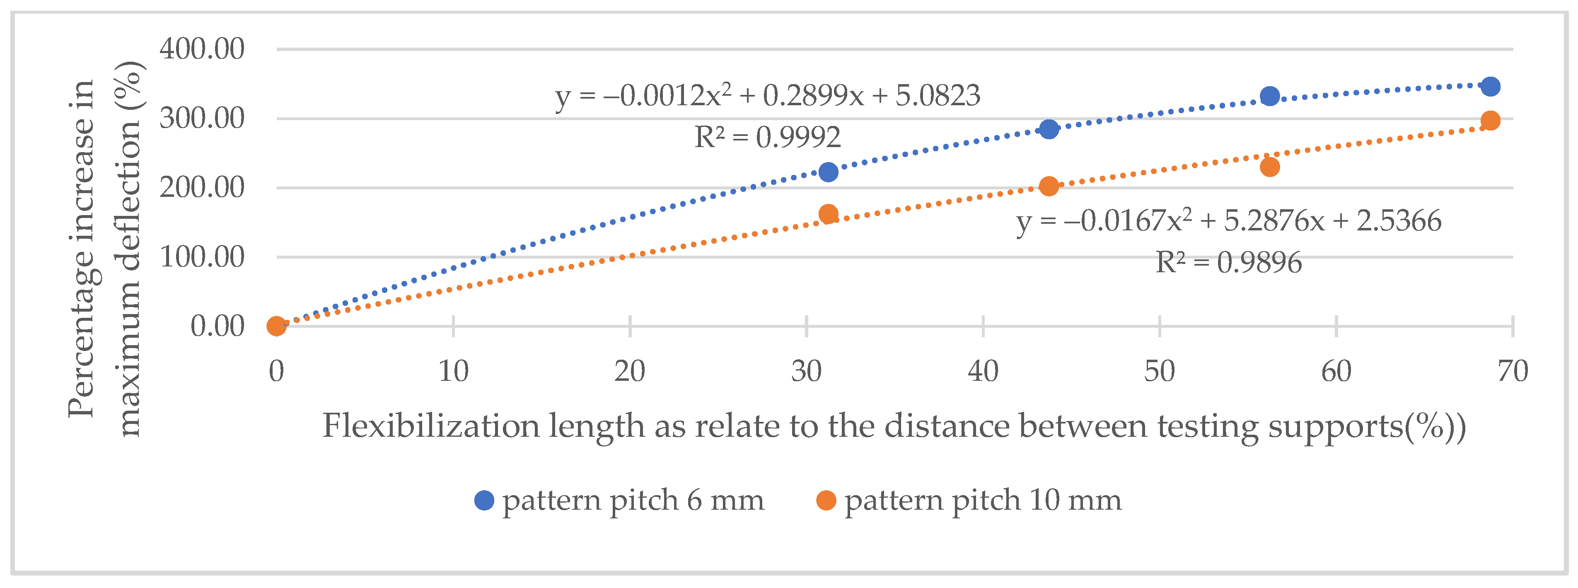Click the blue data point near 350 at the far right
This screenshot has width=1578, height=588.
1491,86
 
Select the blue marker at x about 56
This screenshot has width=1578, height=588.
1270,96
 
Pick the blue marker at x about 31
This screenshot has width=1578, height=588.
828,172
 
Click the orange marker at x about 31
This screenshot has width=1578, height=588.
828,214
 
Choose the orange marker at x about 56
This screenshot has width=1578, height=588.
1270,167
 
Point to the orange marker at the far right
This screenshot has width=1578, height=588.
1491,121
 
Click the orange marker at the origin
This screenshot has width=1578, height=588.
277,326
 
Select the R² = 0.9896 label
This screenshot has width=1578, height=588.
1228,263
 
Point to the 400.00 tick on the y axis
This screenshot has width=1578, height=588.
201,48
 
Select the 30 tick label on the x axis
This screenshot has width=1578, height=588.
806,371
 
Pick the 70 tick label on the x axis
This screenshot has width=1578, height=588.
1513,371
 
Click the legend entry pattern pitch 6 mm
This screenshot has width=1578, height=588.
633,501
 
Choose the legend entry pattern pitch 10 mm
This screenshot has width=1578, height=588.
983,501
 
